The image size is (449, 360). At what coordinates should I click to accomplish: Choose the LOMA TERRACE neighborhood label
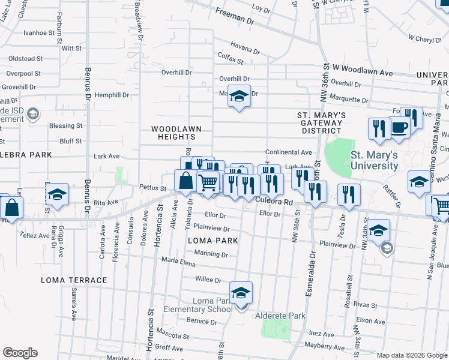click(74, 280)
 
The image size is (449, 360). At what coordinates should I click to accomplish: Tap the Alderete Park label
click(280, 316)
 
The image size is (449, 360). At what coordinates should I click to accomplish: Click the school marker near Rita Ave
click(57, 194)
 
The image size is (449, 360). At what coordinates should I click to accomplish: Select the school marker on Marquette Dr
click(239, 96)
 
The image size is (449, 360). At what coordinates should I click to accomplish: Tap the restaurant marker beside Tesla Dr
click(348, 194)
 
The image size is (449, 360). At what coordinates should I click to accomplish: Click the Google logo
click(20, 353)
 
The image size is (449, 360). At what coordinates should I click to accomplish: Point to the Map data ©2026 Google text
click(411, 355)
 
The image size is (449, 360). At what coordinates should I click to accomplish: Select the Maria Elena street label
click(179, 262)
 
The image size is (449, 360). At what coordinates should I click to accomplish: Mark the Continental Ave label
click(289, 153)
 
